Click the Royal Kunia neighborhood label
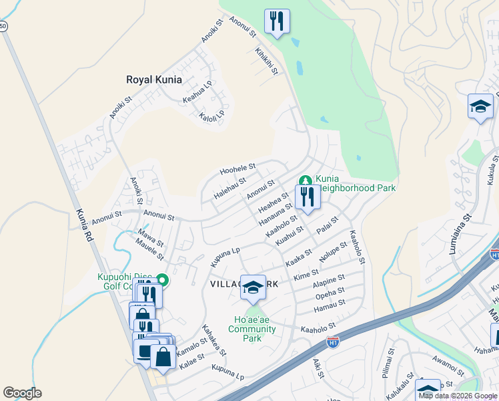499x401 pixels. pyautogui.click(x=154, y=80)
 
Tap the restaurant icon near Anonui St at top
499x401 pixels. pyautogui.click(x=276, y=21)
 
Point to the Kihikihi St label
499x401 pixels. pyautogui.click(x=266, y=61)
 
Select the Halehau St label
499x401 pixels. pyautogui.click(x=229, y=186)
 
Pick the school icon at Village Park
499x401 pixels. pyautogui.click(x=253, y=287)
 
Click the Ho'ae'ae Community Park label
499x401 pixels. pyautogui.click(x=252, y=329)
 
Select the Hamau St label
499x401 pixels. pyautogui.click(x=330, y=303)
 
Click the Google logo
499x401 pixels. pyautogui.click(x=22, y=393)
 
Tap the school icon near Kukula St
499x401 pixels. pyautogui.click(x=480, y=106)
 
